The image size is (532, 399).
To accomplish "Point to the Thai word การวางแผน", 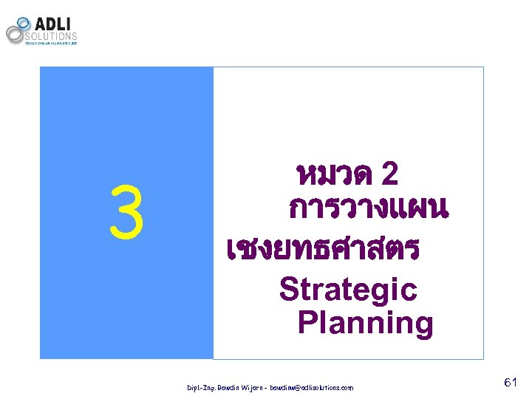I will pos(368,210).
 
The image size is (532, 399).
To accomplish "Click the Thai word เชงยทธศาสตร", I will pos(324,249).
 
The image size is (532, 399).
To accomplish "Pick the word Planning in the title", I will pos(365,324).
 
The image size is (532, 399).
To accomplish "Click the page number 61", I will pos(510,382).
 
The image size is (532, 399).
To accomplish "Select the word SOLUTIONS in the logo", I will pos(52,35).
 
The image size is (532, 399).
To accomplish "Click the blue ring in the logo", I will pos(24,23).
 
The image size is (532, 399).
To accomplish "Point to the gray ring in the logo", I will pos(15,34).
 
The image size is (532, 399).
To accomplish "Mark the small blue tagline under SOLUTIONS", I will pos(52,43).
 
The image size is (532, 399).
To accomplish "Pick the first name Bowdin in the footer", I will pos(225,387).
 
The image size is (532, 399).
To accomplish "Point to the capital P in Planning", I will pos(307,324).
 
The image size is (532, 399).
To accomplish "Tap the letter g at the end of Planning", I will pos(423,326).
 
